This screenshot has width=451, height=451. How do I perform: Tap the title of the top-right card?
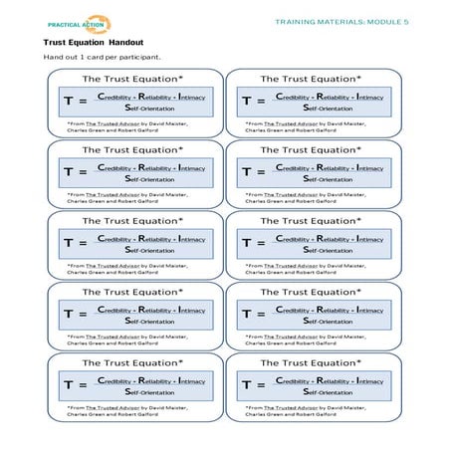311,78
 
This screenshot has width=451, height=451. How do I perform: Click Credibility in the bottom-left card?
118,381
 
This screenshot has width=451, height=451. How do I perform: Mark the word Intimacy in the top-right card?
361,96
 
